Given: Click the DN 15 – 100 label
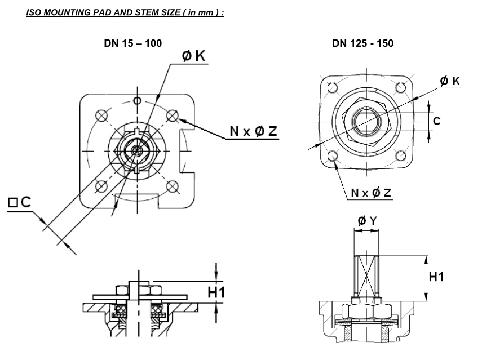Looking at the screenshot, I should coord(134,43).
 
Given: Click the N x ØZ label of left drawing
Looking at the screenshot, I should coord(253,131).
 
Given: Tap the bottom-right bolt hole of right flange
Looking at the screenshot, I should coord(401,156).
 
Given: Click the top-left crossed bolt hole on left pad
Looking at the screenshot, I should coord(101,115).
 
